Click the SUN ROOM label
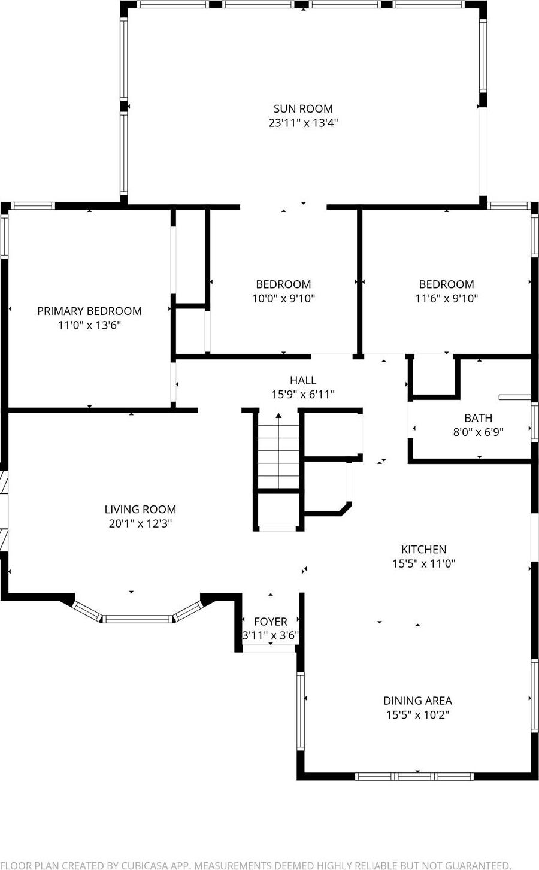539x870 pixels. tap(303, 108)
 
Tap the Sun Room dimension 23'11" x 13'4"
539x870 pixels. tap(303, 123)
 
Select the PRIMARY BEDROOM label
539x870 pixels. tap(89, 311)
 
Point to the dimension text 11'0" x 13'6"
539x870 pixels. tap(89, 325)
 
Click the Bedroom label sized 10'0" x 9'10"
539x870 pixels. tap(283, 284)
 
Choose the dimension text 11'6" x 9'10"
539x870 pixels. tap(446, 298)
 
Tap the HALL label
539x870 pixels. tap(302, 380)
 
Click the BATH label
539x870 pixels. tap(478, 418)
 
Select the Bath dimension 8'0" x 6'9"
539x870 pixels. tap(478, 432)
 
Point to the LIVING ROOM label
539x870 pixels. tap(140, 510)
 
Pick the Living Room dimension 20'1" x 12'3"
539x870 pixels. tap(140, 523)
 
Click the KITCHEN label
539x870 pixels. tap(423, 549)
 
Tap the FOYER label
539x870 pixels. tap(270, 622)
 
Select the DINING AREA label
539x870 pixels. tap(417, 701)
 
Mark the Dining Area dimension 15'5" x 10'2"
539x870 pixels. tap(417, 714)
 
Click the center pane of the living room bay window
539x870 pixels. tap(137, 619)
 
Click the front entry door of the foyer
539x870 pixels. tap(269, 649)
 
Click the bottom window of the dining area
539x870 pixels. tap(414, 777)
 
